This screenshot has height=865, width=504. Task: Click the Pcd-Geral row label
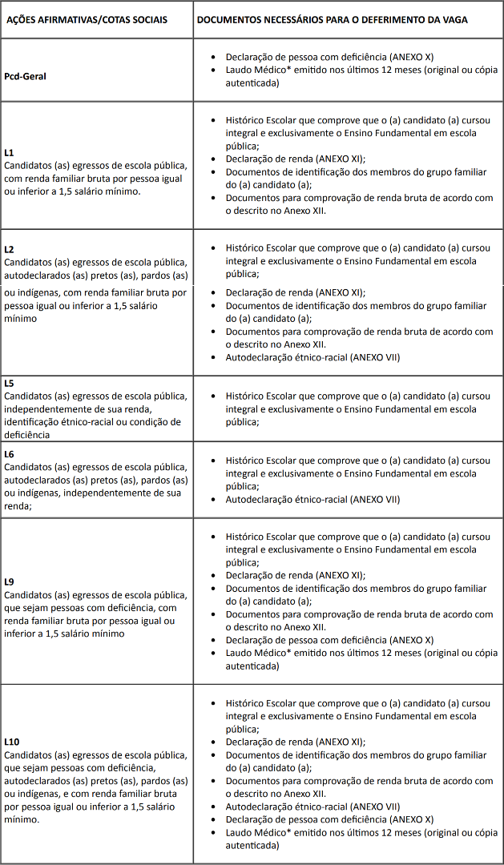pos(25,76)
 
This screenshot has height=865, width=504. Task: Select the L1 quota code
pos(9,152)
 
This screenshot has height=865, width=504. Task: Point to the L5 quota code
pos(9,383)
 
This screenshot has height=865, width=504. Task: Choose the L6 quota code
pos(9,453)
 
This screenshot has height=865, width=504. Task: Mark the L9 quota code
pos(9,581)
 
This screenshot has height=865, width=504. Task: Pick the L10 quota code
pos(11,742)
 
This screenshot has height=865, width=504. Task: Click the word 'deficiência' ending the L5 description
pos(27,435)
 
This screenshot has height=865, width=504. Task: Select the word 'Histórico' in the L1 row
pos(248,120)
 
